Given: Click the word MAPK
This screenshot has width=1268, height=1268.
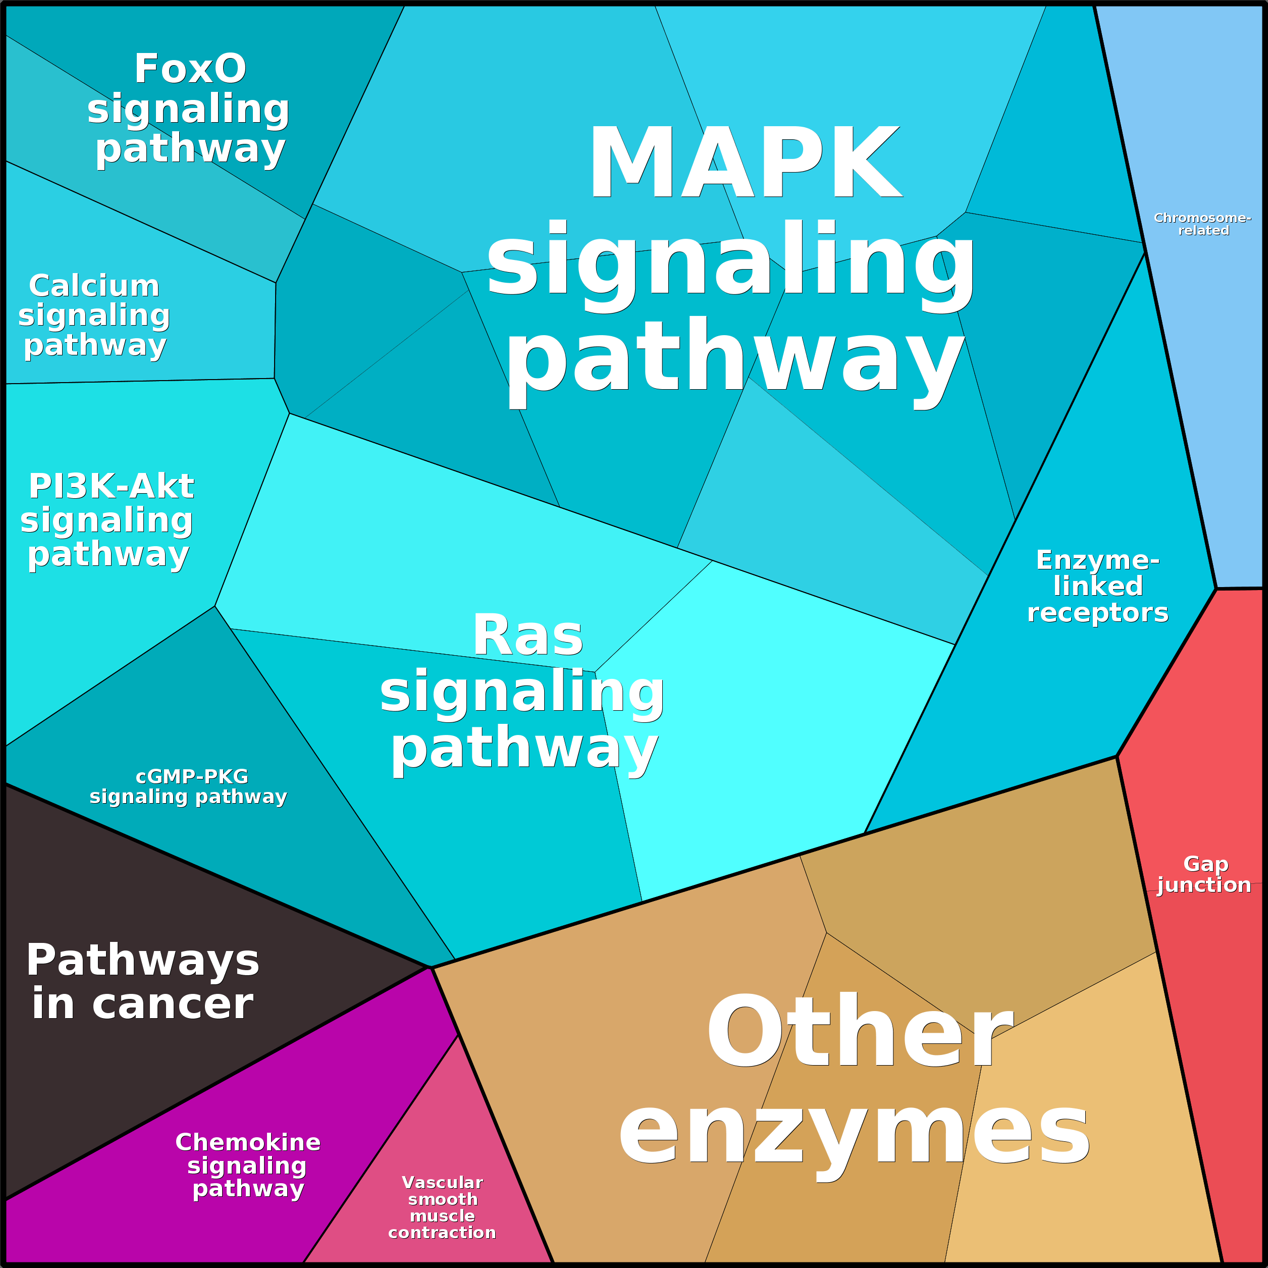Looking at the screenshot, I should pos(745,163).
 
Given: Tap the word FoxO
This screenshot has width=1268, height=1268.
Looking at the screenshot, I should pos(190,69).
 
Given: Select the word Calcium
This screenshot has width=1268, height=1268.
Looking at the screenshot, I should pos(94,286).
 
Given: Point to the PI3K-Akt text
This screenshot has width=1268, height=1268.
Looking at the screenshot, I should pos(111,486).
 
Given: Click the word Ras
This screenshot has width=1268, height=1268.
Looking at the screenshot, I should pos(527,636).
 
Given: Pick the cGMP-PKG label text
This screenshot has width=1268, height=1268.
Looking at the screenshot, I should pos(192,776).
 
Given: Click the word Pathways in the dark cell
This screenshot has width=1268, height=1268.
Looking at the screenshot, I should pos(142,960).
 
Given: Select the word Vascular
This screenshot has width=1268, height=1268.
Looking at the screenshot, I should pos(442,1182).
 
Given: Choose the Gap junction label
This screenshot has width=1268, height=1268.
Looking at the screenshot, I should pos(1204,874).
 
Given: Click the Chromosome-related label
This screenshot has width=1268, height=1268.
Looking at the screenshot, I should pos(1202,224).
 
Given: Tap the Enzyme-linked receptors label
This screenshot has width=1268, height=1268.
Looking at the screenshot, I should pos(1097,586).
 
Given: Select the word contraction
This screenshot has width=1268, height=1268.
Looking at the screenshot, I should pos(442,1233).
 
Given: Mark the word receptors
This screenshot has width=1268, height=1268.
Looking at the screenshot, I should pos(1097,612).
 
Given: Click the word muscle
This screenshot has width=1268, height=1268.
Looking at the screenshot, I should pos(442,1216).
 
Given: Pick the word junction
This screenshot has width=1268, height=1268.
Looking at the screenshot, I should pos(1204,885).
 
